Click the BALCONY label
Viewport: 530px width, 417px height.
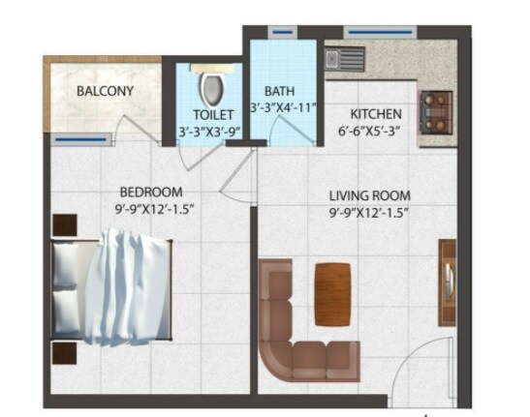click(106, 92)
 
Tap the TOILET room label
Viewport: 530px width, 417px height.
click(207, 115)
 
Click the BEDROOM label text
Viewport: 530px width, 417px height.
click(151, 192)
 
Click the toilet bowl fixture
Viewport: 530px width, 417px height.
click(208, 88)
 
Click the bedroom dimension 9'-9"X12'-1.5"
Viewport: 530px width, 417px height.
click(150, 209)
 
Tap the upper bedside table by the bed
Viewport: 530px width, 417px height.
click(64, 226)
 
